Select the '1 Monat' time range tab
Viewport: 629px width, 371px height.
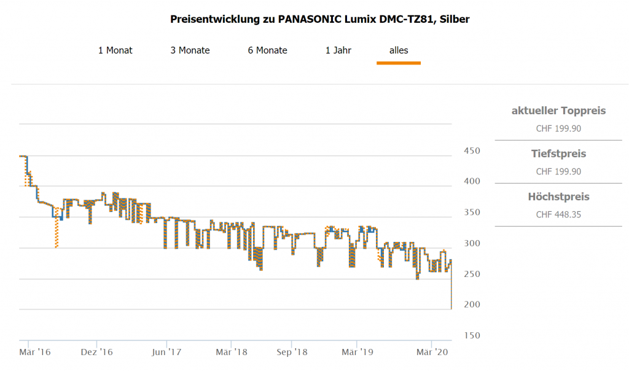115,50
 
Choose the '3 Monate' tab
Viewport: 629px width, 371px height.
190,50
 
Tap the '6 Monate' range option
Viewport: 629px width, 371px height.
267,50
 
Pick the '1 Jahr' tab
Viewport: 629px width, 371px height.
338,50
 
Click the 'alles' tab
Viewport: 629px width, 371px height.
399,50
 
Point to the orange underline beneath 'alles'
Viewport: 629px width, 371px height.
399,63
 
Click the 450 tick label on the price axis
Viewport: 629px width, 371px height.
471,151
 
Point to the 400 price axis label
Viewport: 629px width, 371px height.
471,182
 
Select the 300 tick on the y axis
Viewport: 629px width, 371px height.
471,244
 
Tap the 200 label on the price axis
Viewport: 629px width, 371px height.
471,305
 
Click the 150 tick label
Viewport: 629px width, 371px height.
471,336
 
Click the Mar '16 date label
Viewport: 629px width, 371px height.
35,352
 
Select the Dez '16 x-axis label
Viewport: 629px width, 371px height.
97,352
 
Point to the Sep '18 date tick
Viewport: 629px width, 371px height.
292,352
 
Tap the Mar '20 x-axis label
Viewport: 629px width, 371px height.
432,352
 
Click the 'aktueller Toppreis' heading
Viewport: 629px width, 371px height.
558,111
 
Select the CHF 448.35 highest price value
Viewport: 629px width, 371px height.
558,214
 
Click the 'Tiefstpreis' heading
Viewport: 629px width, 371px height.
558,154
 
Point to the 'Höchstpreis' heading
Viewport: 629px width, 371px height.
558,197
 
